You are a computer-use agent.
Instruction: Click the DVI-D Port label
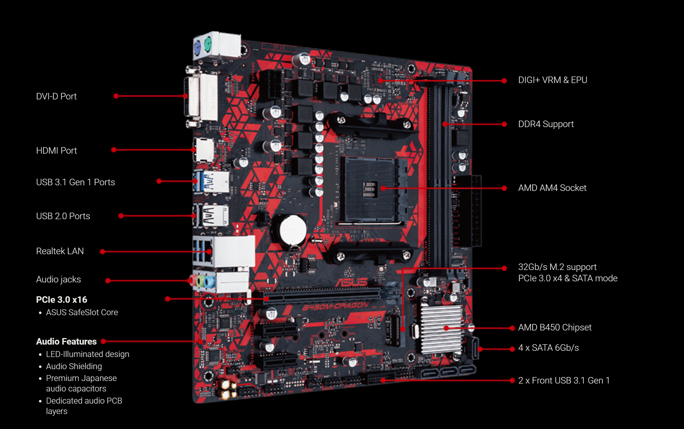56,97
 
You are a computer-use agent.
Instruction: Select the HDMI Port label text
56,150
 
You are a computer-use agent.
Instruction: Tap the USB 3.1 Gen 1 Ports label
75,182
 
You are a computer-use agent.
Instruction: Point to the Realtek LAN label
60,251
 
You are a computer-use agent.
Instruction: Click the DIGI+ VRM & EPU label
553,80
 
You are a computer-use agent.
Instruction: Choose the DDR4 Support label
546,124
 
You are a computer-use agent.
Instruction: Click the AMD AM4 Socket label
552,188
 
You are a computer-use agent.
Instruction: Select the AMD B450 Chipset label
555,327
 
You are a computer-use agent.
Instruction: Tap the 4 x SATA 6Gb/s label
548,348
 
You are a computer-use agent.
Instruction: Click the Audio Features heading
66,341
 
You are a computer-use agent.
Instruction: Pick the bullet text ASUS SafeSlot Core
82,312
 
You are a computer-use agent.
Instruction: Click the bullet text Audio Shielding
74,366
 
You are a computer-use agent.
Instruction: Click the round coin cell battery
293,230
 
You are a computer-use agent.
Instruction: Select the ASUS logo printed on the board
352,283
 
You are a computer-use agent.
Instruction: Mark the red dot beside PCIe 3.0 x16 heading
168,299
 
